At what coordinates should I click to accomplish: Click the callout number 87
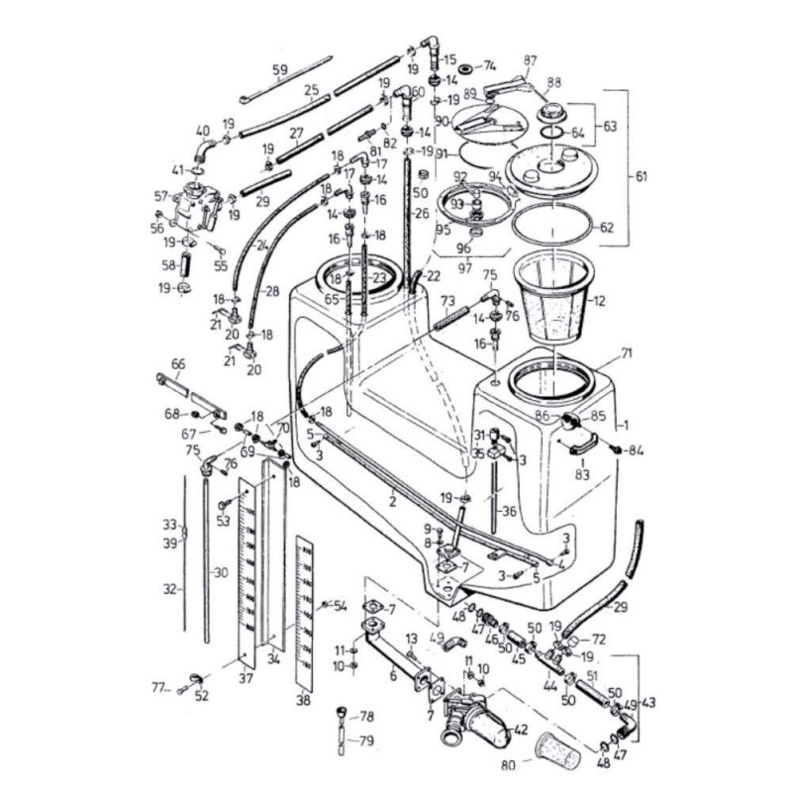[x=530, y=61]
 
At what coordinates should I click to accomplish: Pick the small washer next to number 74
[x=465, y=67]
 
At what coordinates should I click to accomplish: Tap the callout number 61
[x=641, y=176]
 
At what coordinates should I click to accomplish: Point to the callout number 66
[x=178, y=364]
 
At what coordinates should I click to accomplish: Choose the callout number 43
[x=649, y=703]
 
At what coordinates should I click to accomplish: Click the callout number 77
[x=156, y=685]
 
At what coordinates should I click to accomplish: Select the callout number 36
[x=510, y=512]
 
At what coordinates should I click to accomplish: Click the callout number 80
[x=508, y=763]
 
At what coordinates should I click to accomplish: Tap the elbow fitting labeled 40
[x=204, y=150]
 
